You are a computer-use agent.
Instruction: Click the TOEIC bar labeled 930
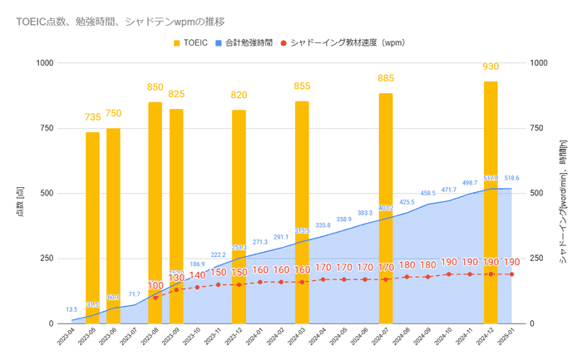(x=491, y=200)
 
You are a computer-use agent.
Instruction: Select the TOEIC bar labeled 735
(x=92, y=224)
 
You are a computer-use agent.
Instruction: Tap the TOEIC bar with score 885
(x=386, y=208)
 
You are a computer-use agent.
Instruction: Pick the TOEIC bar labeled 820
(x=239, y=216)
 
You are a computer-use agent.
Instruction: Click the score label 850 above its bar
(x=155, y=86)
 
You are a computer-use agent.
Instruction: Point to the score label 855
(x=302, y=86)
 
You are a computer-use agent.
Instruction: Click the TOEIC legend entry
(x=190, y=42)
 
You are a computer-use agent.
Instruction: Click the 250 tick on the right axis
(x=537, y=259)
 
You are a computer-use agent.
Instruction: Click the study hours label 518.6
(x=512, y=178)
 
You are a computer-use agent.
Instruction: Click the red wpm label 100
(x=155, y=286)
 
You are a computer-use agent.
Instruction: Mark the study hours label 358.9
(x=344, y=219)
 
